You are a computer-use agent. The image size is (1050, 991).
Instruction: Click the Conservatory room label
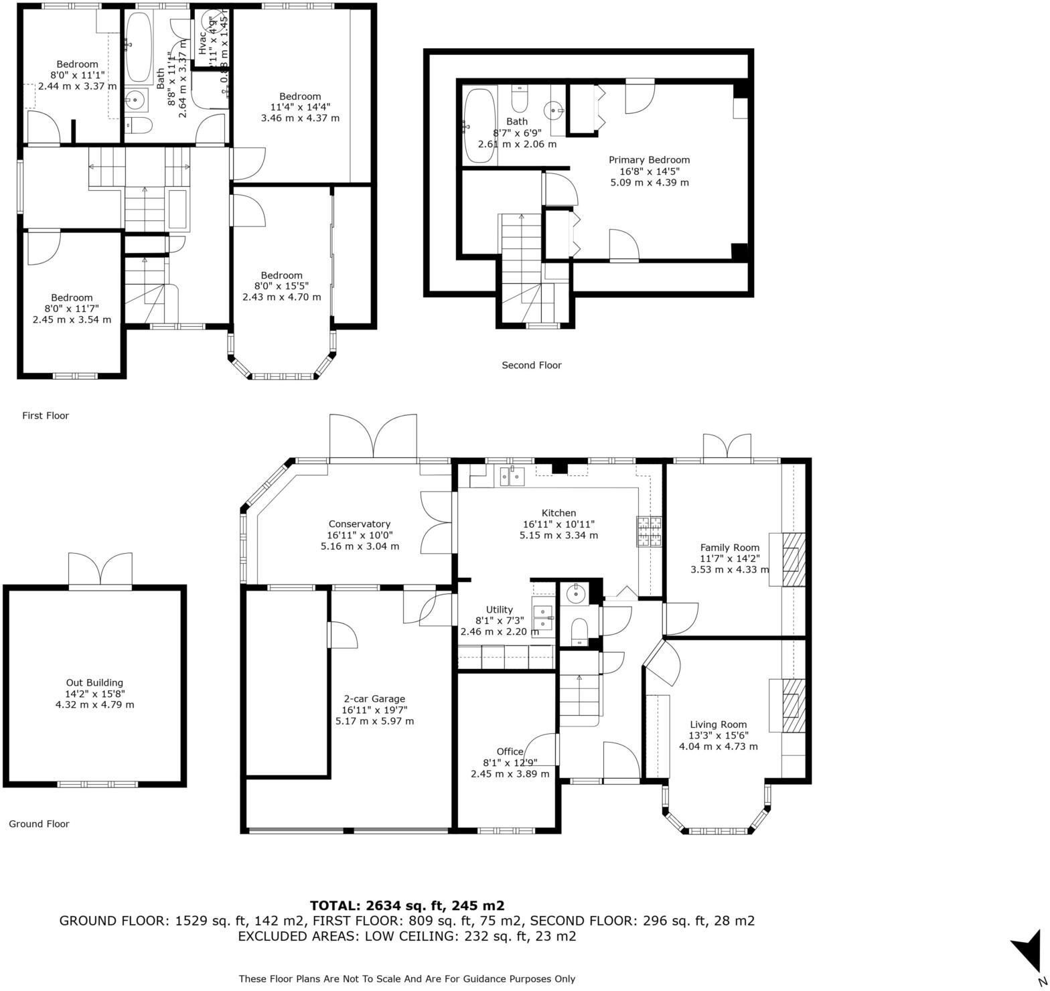click(359, 524)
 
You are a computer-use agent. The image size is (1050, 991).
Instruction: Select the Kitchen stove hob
click(648, 531)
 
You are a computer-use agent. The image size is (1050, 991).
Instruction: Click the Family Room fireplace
click(794, 559)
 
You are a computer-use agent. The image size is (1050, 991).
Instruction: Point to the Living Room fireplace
click(794, 706)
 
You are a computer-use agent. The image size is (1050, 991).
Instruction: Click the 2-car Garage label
click(374, 698)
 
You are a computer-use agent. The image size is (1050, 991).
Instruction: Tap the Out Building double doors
click(100, 570)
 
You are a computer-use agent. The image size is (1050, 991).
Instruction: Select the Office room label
click(510, 751)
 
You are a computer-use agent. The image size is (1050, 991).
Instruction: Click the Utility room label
click(499, 609)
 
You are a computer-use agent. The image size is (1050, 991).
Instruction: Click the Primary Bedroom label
click(648, 159)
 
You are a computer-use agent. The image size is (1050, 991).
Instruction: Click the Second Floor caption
click(531, 365)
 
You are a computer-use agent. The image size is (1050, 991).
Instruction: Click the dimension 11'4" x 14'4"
click(300, 106)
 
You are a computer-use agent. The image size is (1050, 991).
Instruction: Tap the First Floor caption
click(46, 415)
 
